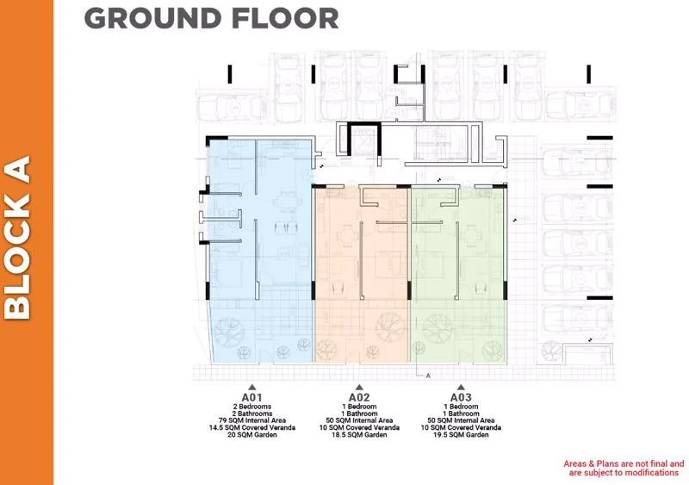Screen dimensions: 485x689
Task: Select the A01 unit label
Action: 251,398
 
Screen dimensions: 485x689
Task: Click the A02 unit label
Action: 359,398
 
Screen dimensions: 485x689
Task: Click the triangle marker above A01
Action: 251,388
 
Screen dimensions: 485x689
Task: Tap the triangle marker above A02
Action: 359,388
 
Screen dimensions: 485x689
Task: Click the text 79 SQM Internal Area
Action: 251,420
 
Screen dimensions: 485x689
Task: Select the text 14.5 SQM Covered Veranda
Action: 251,428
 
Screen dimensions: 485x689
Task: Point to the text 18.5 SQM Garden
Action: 359,436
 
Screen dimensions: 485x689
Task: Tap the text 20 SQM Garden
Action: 251,436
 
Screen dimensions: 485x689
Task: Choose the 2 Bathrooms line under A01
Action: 251,413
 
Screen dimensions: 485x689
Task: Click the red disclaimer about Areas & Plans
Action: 623,468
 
